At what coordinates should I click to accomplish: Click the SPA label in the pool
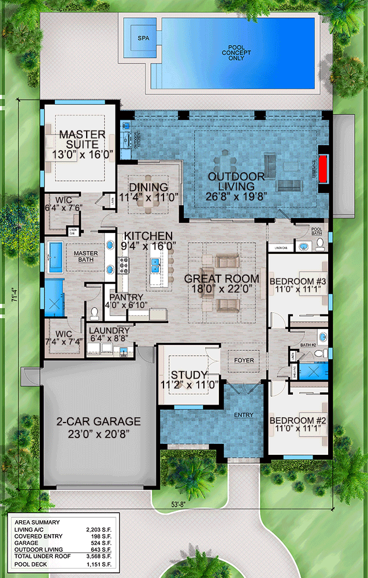(x=143, y=38)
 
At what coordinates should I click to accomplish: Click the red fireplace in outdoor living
(x=323, y=168)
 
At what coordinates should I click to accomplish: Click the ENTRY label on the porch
(x=243, y=415)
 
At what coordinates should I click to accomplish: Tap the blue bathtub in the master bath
(x=56, y=257)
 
